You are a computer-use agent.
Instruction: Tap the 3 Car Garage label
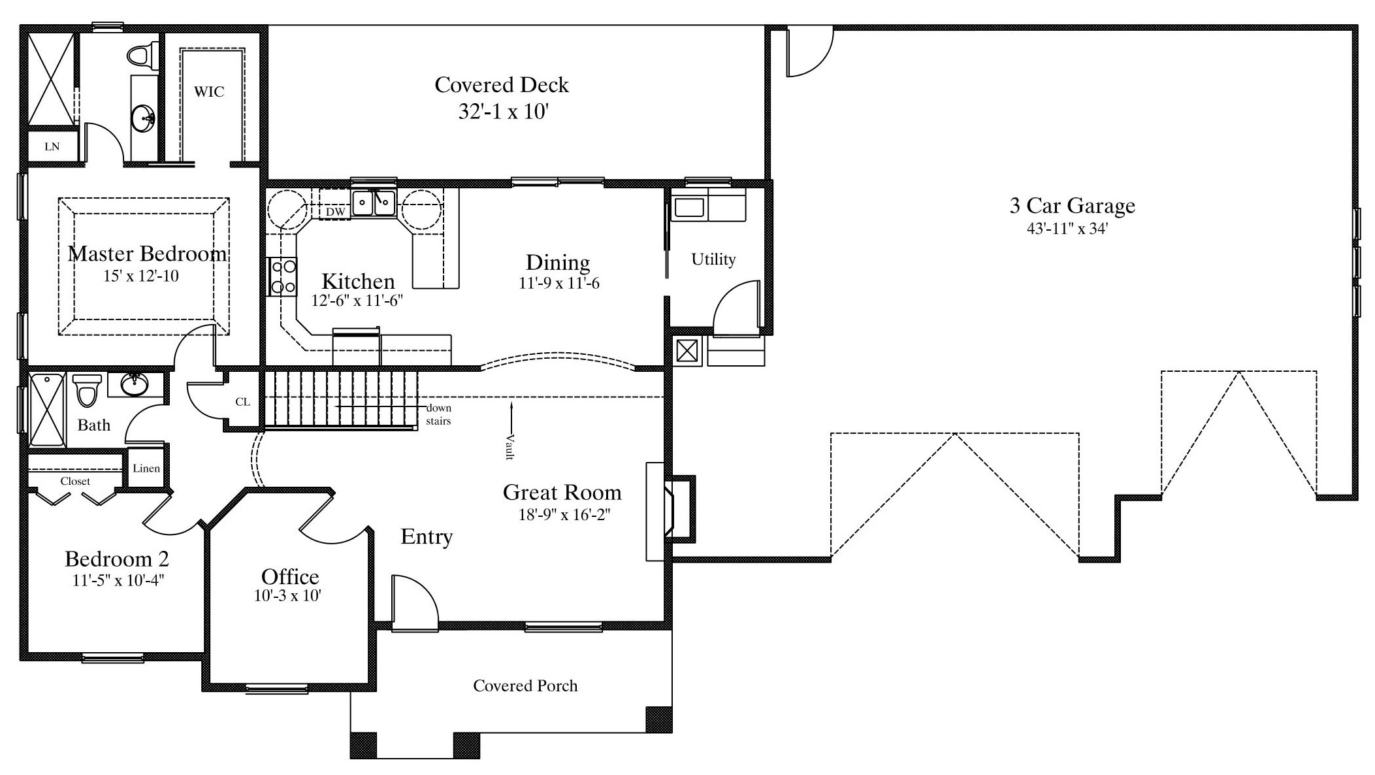[x=1072, y=206]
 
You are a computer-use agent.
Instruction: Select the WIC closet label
[x=209, y=91]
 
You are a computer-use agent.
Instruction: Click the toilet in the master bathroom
[x=144, y=55]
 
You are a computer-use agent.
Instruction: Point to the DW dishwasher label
[x=335, y=212]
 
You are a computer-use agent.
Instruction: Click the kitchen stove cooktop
[x=282, y=276]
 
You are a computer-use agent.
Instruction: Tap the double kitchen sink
[x=374, y=203]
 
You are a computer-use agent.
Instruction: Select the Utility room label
[x=713, y=259]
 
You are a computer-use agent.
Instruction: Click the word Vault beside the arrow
[x=510, y=447]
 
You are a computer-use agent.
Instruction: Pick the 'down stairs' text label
[x=438, y=414]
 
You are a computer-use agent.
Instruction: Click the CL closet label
[x=242, y=402]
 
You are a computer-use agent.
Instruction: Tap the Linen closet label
[x=146, y=468]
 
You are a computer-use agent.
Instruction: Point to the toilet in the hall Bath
[x=86, y=389]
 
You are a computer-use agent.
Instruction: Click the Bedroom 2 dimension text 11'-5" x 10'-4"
[x=118, y=580]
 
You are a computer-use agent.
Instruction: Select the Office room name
[x=290, y=576]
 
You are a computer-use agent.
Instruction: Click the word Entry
[x=427, y=536]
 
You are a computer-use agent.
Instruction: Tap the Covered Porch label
[x=525, y=685]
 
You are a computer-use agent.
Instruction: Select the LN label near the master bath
[x=52, y=146]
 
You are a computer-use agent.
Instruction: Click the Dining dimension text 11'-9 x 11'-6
[x=559, y=283]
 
